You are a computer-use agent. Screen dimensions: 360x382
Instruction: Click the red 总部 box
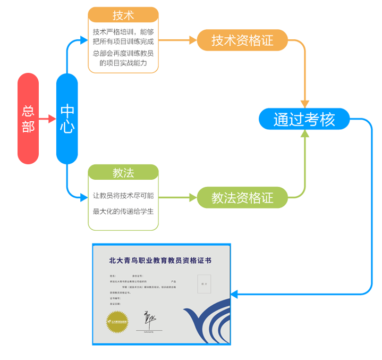point(28,119)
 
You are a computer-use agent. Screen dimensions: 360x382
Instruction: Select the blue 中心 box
point(67,119)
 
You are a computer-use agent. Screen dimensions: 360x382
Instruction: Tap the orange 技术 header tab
point(123,15)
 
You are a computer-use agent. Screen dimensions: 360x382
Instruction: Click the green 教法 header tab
point(123,172)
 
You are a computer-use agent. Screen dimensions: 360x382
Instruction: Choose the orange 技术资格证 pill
point(242,40)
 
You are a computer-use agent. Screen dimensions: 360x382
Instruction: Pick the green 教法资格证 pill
point(242,198)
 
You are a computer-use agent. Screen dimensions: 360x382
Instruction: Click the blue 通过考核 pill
point(304,119)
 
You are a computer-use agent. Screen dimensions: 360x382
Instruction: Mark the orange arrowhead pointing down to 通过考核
point(304,103)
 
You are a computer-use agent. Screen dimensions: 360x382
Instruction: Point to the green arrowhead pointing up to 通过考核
point(304,133)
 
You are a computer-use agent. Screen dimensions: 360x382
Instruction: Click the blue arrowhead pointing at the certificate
point(234,294)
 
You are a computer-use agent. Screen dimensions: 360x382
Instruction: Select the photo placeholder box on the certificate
point(204,284)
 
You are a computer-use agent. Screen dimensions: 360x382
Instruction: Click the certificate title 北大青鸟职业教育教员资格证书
point(160,261)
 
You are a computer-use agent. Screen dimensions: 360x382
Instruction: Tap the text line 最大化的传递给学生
point(123,212)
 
